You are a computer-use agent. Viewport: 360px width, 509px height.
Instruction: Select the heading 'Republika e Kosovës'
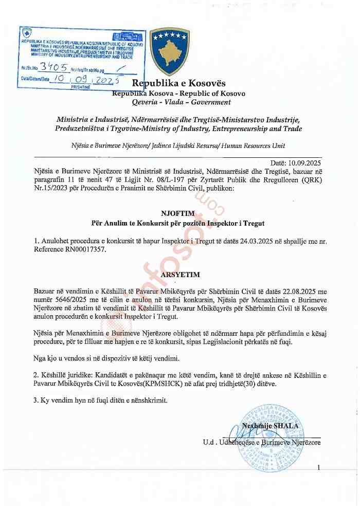click(179, 84)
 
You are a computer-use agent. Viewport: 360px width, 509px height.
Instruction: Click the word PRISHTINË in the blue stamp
click(80, 87)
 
